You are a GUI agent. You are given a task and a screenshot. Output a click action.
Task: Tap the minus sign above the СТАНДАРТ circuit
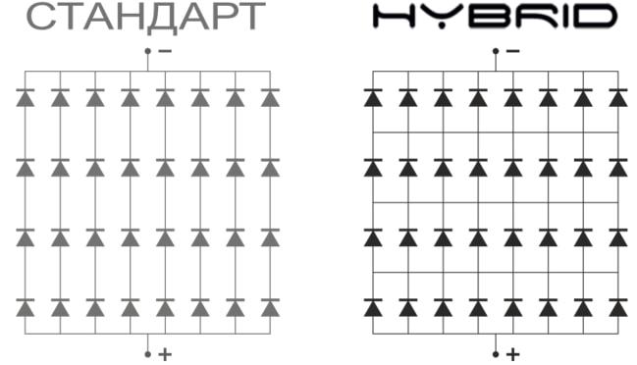[164, 51]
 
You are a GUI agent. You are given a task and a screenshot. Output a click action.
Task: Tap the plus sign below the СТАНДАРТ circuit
[164, 352]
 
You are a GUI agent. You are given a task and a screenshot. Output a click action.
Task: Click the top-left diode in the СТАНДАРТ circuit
[25, 98]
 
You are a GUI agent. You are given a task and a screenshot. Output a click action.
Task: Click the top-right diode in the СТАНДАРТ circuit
[270, 98]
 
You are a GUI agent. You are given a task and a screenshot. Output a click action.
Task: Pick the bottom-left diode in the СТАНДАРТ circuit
[25, 307]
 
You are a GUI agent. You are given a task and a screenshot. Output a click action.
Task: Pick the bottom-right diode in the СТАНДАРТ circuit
[270, 307]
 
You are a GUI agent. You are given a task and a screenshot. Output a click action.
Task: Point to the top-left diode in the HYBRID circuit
[373, 98]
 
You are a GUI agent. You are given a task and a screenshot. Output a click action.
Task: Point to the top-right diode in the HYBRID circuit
[618, 98]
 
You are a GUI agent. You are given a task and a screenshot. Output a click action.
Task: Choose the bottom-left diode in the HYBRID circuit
[373, 307]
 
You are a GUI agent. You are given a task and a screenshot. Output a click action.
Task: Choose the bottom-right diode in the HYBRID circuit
[618, 307]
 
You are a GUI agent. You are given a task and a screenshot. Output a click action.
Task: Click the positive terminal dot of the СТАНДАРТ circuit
[147, 352]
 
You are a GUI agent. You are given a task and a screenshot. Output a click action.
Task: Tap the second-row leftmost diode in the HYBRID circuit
[373, 168]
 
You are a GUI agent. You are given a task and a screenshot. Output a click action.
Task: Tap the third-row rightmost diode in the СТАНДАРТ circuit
[270, 237]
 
